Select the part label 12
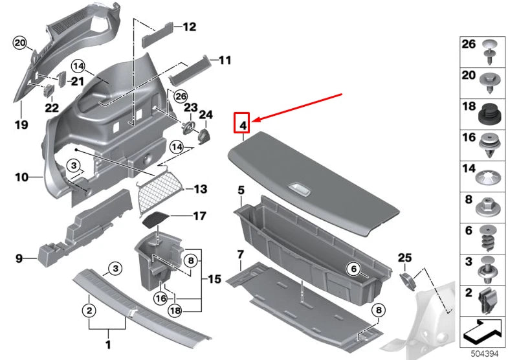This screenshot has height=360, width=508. [x=188, y=27]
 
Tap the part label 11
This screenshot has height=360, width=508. [x=224, y=60]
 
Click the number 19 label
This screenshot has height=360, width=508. [x=21, y=124]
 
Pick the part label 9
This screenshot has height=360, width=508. [x=20, y=259]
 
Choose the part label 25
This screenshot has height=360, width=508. [x=404, y=258]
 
